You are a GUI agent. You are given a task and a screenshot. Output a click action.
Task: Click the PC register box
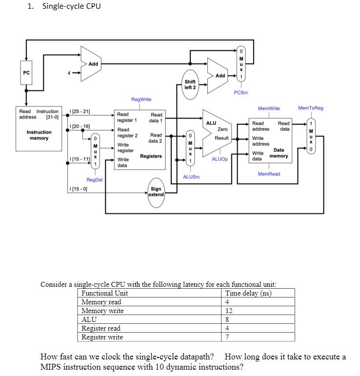[26, 72]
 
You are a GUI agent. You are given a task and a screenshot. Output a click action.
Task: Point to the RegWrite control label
[141, 99]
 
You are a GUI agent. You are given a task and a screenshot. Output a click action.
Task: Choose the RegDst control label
[94, 179]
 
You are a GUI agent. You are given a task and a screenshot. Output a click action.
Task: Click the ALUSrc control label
[191, 177]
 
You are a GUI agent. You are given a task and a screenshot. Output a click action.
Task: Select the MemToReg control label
[310, 108]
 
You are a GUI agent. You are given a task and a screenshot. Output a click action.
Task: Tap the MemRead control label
[269, 174]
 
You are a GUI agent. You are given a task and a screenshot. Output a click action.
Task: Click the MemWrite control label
[269, 108]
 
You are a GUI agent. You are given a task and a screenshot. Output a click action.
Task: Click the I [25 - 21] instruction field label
[80, 112]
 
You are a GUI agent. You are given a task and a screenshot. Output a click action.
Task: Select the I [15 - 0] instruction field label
[78, 189]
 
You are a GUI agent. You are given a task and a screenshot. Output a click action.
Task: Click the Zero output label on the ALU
[222, 129]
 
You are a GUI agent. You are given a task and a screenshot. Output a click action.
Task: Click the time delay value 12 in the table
[229, 311]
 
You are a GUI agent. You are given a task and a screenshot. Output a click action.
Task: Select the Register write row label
[102, 337]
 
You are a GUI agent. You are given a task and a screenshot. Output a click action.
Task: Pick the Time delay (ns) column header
[249, 293]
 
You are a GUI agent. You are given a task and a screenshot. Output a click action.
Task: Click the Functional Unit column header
[104, 293]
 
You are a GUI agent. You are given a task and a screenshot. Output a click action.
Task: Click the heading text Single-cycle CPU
[71, 6]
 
